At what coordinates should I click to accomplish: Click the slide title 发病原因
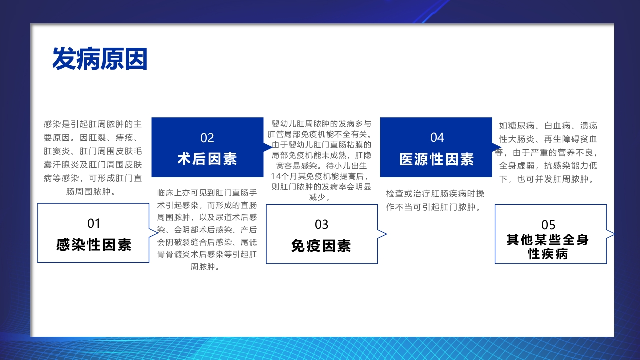[100, 59]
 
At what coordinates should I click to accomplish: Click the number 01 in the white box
[94, 223]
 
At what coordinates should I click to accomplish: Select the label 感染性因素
[94, 245]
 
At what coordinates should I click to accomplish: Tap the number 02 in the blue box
[207, 138]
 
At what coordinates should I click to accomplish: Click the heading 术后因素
[207, 159]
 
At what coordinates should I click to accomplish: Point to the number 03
[322, 224]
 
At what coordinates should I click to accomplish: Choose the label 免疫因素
[322, 246]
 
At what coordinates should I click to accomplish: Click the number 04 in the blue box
[437, 137]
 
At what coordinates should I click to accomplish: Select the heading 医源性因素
[437, 159]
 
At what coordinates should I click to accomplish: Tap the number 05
[548, 225]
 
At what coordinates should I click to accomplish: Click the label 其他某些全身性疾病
[548, 247]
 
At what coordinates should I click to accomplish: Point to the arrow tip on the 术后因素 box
[270, 147]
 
